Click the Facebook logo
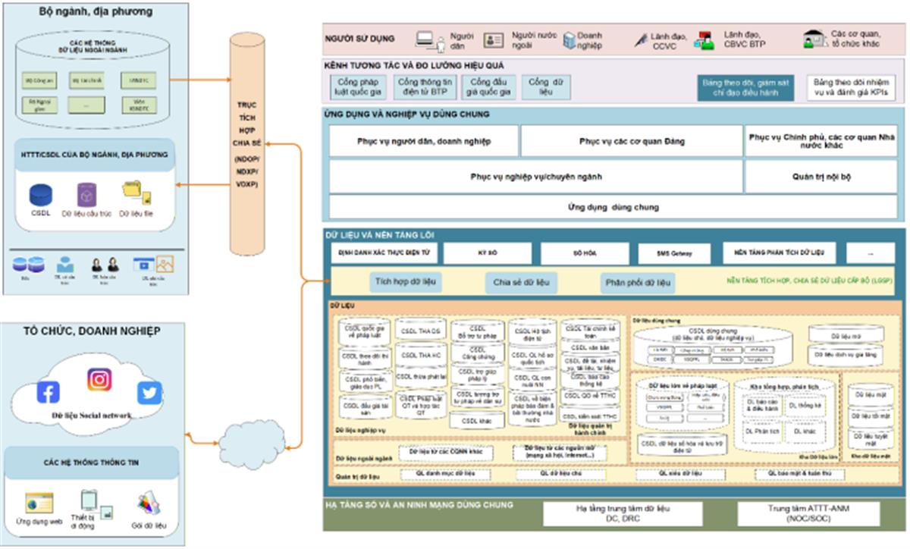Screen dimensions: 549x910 (48, 392)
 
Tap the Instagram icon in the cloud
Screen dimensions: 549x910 (99, 379)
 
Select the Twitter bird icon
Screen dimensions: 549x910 (149, 393)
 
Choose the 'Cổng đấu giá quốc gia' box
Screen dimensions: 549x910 (490, 87)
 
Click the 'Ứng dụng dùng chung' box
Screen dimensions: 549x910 (613, 207)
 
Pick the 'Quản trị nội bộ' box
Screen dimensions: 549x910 (821, 177)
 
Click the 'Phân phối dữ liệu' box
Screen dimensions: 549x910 (637, 284)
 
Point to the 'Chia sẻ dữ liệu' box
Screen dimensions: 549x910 (521, 284)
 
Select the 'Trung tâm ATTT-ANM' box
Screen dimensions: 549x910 (808, 513)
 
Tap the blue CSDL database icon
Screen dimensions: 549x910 (40, 196)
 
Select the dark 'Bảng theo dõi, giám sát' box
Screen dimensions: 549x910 (747, 87)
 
